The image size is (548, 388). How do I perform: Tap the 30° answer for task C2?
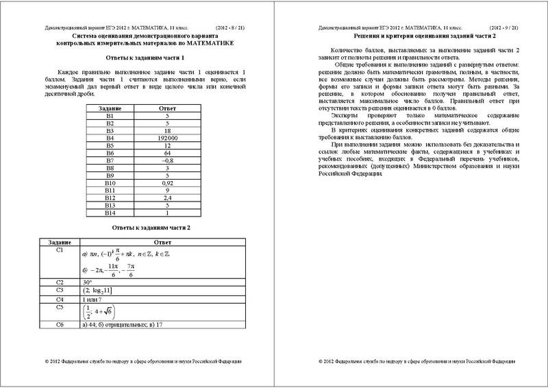(x=87, y=282)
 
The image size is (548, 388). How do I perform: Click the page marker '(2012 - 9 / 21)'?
(x=499, y=26)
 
